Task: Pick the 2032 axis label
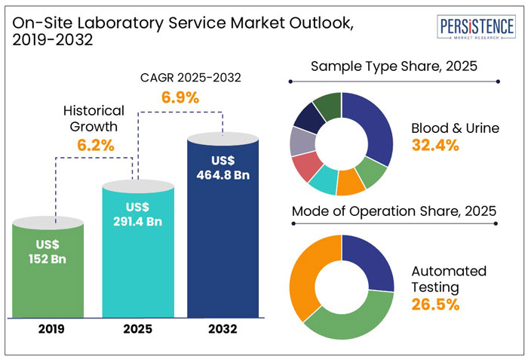[224, 330]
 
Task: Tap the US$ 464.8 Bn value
[224, 168]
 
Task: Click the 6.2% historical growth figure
[94, 145]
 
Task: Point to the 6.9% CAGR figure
[180, 97]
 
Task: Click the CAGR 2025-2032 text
[180, 77]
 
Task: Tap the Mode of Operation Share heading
[394, 211]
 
